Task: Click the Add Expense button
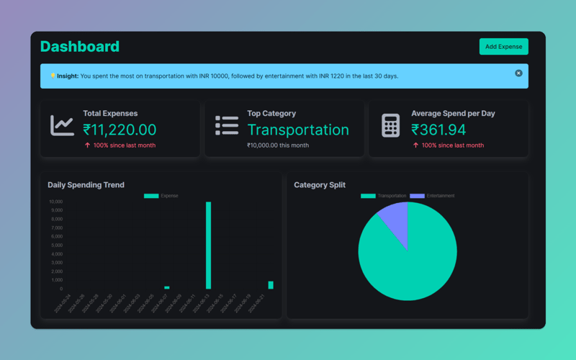[x=503, y=47]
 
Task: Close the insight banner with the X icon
[x=518, y=73]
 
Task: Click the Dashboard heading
[x=80, y=47]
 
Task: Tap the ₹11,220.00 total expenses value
[x=120, y=130]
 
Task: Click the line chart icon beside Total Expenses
[x=62, y=125]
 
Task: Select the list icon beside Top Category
[x=227, y=125]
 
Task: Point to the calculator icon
[x=390, y=125]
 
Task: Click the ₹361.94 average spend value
[x=438, y=130]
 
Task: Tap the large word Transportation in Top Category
[x=298, y=130]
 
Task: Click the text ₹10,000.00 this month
[x=278, y=145]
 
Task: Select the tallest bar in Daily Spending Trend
[x=209, y=245]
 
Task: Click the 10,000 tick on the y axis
[x=55, y=202]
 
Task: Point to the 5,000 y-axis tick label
[x=57, y=246]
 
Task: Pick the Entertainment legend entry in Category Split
[x=432, y=196]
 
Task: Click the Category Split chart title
[x=320, y=185]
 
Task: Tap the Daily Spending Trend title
[x=86, y=185]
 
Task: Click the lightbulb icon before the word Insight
[x=53, y=76]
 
